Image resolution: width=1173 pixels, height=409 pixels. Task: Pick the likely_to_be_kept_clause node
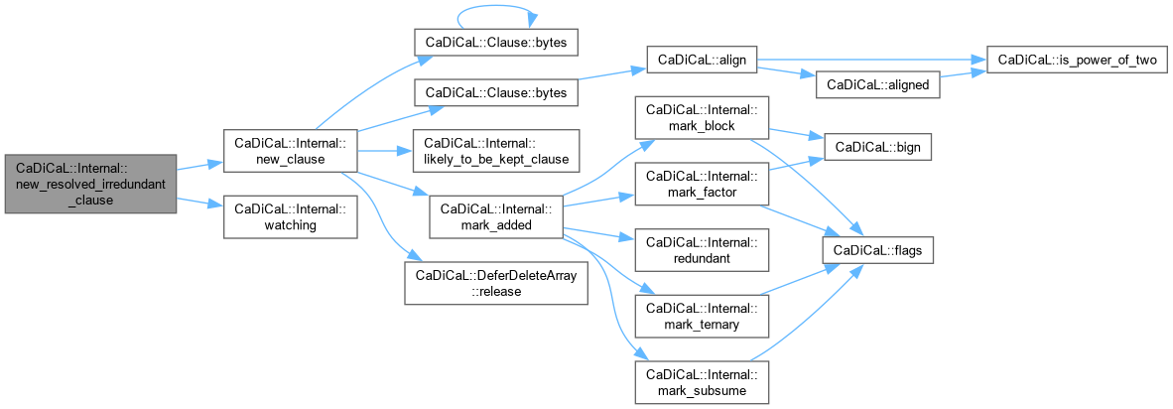[x=493, y=151]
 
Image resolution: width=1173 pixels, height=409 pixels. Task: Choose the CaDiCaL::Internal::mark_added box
[x=495, y=217]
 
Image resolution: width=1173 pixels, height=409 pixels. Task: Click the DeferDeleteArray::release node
[x=495, y=284]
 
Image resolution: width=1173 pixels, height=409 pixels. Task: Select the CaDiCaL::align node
[x=702, y=60]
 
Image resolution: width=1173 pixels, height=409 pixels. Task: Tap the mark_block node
[x=702, y=118]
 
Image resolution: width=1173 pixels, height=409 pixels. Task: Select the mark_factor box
[x=702, y=185]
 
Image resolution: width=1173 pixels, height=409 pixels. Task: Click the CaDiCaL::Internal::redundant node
[x=702, y=251]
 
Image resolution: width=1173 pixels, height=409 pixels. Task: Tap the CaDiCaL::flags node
[x=876, y=251]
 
